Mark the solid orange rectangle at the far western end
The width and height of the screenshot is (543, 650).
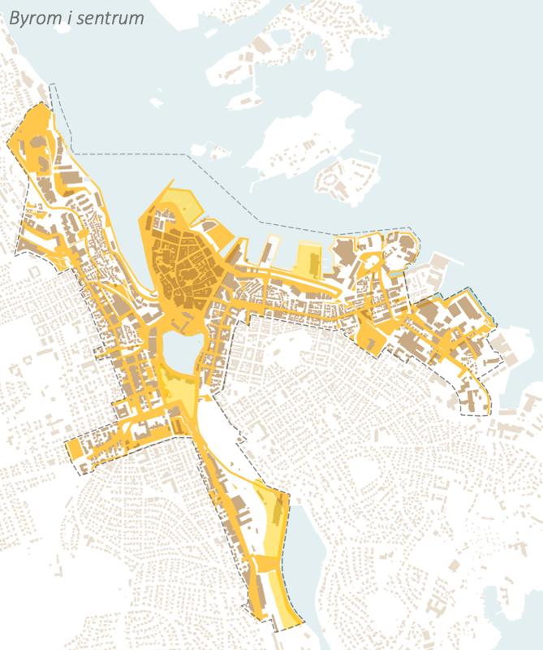74,449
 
